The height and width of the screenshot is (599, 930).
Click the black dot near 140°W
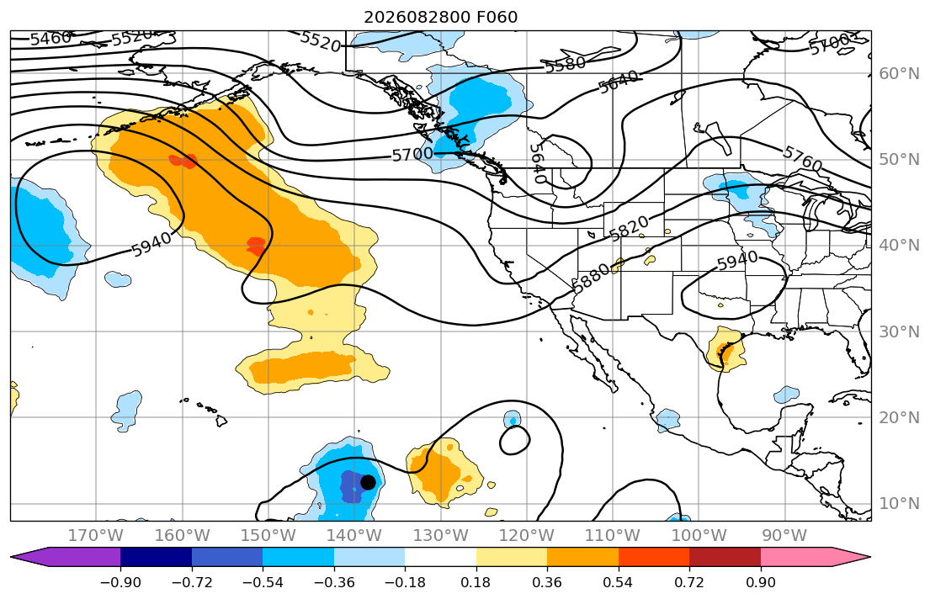(x=368, y=482)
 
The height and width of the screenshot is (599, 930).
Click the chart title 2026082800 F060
(x=441, y=17)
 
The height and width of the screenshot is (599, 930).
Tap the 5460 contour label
(x=51, y=39)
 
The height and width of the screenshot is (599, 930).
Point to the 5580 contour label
(x=566, y=64)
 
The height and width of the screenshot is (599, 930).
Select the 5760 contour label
(x=802, y=159)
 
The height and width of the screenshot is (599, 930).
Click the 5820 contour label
(x=629, y=228)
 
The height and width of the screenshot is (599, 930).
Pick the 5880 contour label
(x=593, y=277)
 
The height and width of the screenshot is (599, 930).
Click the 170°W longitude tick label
(x=96, y=536)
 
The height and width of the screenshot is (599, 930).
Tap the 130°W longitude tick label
(x=441, y=536)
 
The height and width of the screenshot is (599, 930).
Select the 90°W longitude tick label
(x=784, y=536)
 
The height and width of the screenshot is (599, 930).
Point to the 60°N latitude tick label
(x=899, y=73)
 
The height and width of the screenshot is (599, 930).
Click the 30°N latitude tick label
(x=899, y=331)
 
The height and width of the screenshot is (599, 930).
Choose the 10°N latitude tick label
(x=899, y=504)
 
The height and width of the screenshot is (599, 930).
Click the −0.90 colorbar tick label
(x=120, y=582)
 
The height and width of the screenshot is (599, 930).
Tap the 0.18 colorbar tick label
(x=476, y=582)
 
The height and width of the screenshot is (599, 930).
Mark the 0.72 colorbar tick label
(x=690, y=582)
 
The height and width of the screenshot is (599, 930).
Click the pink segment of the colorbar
(x=796, y=557)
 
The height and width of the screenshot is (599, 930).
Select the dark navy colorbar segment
(x=156, y=557)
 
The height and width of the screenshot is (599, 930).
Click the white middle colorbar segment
(x=441, y=557)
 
